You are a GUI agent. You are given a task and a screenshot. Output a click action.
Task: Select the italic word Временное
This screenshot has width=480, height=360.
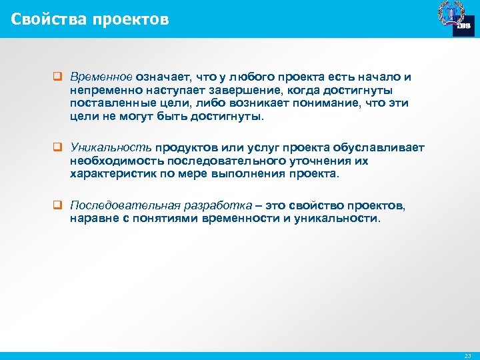coord(102,77)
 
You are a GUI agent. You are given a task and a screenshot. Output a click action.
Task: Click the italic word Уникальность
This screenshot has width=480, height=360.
coord(112,147)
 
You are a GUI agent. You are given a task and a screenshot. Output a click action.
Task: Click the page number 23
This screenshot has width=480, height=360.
coord(467,356)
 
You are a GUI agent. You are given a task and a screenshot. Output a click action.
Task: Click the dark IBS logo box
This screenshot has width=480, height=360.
coord(463,25)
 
